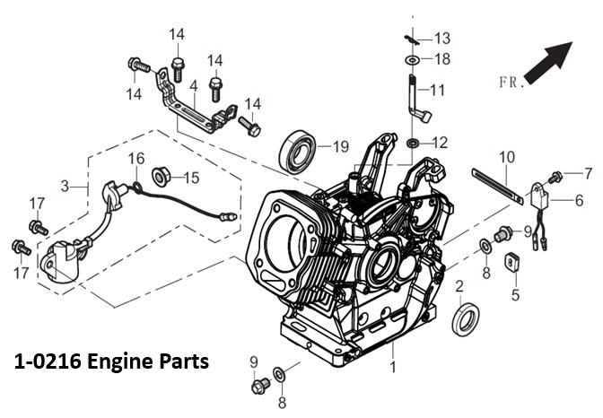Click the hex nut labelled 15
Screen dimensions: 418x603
click(x=162, y=175)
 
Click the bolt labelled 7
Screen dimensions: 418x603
click(x=557, y=174)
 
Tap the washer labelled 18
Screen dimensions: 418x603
click(x=413, y=59)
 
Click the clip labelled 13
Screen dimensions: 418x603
click(x=412, y=38)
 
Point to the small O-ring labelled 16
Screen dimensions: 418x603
click(x=135, y=187)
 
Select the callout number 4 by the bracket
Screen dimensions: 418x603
click(x=192, y=85)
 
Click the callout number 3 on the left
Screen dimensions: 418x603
click(x=64, y=186)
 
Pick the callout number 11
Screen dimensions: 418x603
click(x=437, y=90)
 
